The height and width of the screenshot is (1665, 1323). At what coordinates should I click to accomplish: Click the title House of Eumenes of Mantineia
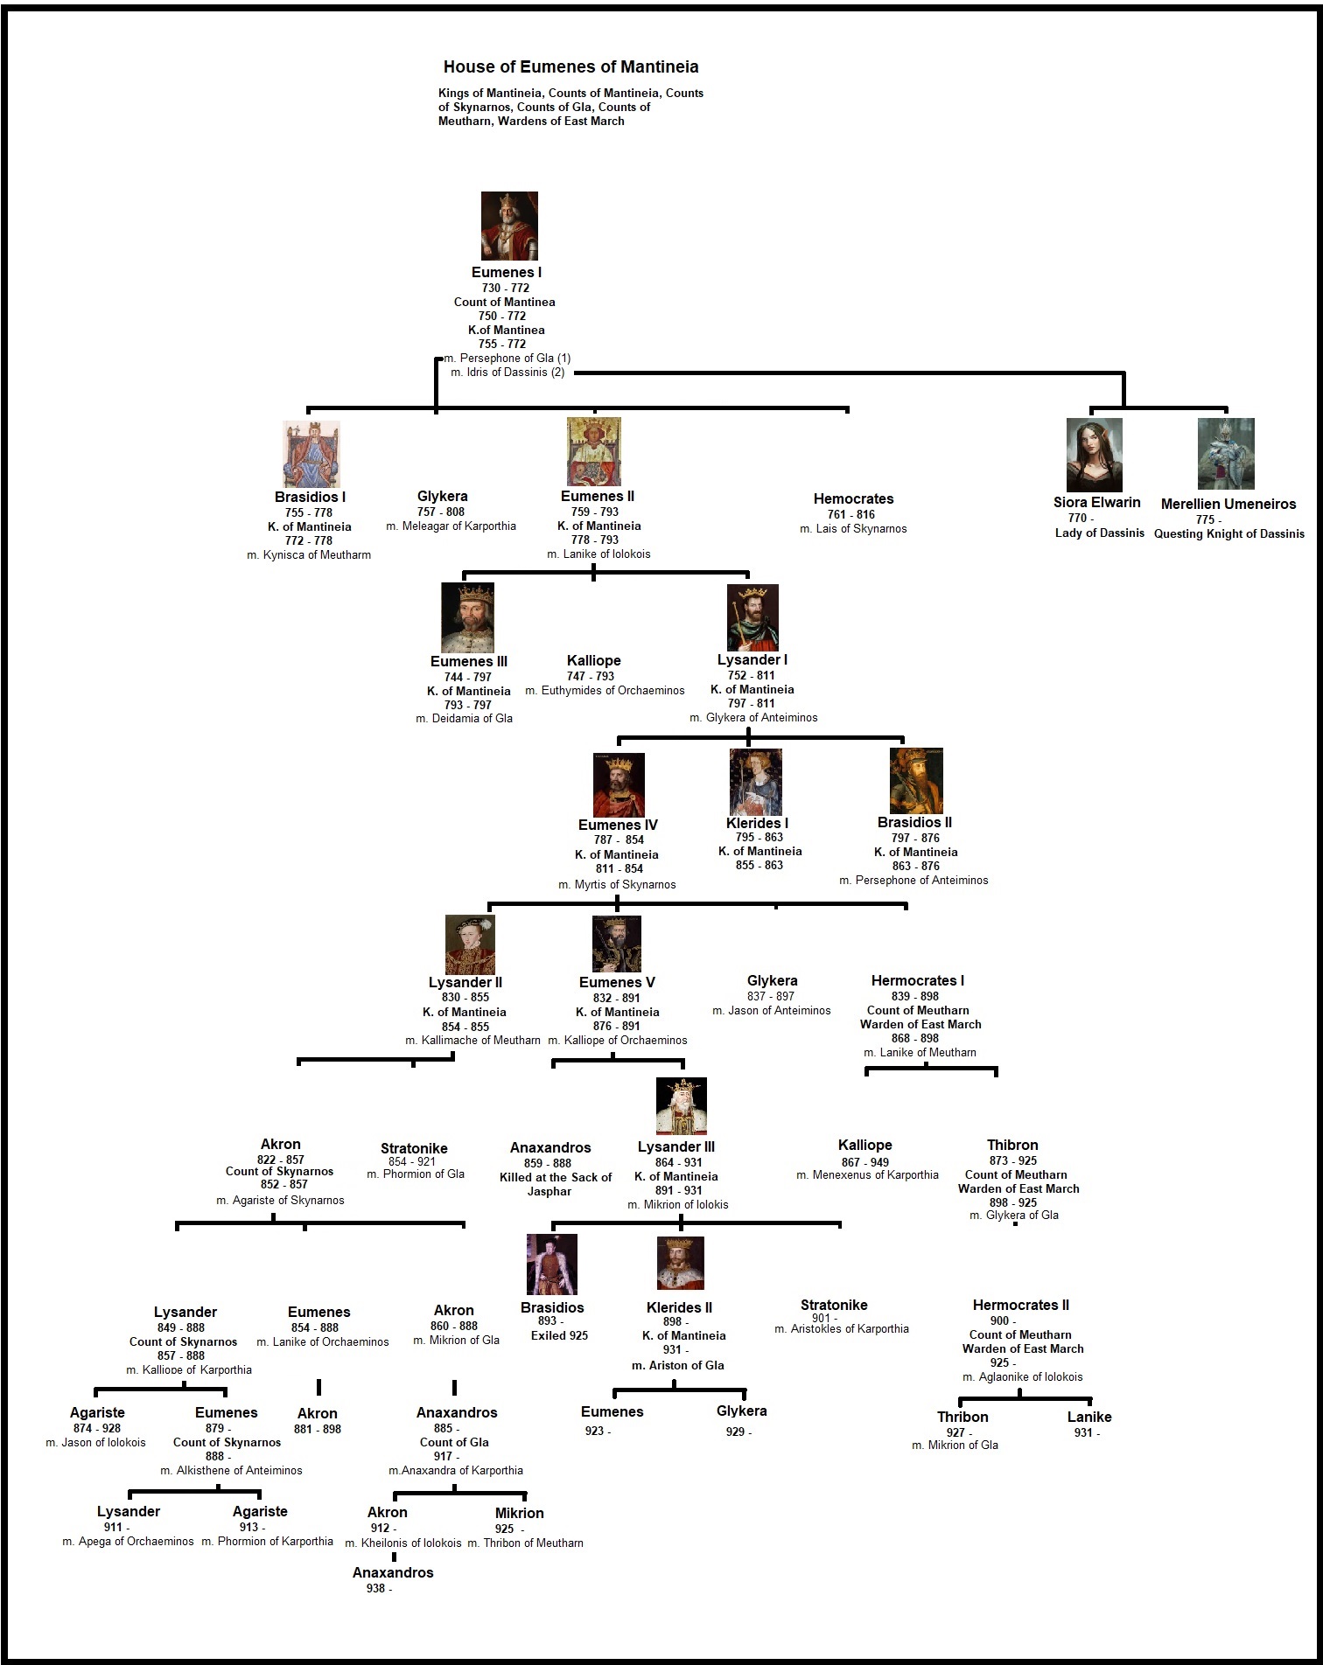click(570, 66)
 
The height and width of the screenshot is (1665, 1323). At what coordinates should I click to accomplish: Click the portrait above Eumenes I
click(509, 226)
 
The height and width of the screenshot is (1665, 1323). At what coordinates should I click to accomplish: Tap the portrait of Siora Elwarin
click(1094, 455)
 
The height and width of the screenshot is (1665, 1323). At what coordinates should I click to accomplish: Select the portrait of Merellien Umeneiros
click(1226, 453)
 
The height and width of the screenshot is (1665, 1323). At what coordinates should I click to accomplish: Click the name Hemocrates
click(853, 498)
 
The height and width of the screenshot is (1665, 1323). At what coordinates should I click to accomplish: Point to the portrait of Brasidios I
click(311, 454)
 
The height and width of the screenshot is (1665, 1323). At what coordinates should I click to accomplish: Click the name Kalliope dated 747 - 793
click(593, 660)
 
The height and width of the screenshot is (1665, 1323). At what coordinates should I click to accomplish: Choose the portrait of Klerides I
click(756, 782)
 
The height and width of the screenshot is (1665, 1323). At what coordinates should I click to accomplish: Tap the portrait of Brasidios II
click(915, 781)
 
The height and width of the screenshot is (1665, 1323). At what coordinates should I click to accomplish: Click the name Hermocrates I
click(917, 980)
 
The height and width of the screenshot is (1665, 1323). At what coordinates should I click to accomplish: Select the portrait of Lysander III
click(681, 1106)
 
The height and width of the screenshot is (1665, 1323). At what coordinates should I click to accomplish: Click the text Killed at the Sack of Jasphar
click(555, 1184)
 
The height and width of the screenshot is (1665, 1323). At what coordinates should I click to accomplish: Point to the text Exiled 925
click(559, 1335)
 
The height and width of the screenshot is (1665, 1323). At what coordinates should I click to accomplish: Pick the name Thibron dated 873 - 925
click(1012, 1145)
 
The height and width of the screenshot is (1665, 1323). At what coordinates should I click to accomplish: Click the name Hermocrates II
click(1020, 1305)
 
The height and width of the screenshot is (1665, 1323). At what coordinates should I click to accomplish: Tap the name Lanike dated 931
click(1089, 1417)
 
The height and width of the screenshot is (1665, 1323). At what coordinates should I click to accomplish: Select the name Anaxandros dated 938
click(393, 1572)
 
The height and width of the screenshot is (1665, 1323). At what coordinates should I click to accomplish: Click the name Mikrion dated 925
click(519, 1513)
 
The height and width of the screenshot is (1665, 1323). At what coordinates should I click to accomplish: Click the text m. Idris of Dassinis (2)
click(507, 373)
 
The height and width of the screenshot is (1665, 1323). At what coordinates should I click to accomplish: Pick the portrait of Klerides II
click(680, 1264)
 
